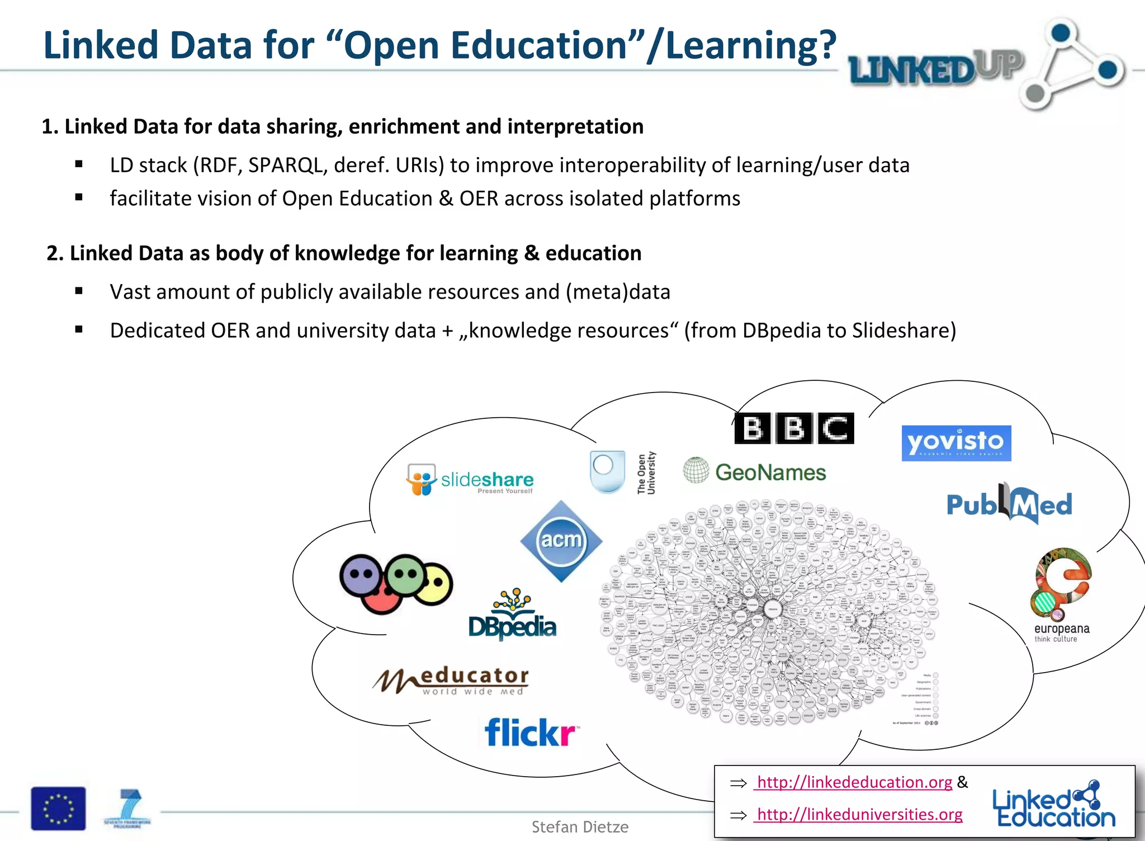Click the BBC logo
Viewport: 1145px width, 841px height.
click(x=794, y=428)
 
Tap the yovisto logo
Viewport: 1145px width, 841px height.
click(x=956, y=443)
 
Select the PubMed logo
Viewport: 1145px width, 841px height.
click(x=1009, y=504)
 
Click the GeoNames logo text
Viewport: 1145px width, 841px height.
click(x=770, y=473)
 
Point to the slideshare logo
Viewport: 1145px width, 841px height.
click(x=470, y=480)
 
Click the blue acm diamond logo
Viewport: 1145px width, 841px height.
click(x=561, y=541)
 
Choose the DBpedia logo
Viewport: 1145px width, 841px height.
click(x=513, y=617)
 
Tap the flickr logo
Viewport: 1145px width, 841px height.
click(x=531, y=733)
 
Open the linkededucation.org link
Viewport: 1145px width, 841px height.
click(x=854, y=782)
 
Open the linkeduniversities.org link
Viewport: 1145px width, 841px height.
click(x=859, y=814)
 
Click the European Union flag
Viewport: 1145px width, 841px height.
click(x=59, y=809)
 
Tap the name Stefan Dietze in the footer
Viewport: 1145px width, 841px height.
click(x=580, y=827)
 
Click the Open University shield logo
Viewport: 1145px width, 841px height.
click(x=607, y=472)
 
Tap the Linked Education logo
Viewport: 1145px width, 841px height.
click(x=1053, y=805)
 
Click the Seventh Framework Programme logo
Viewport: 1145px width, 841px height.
click(x=128, y=809)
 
